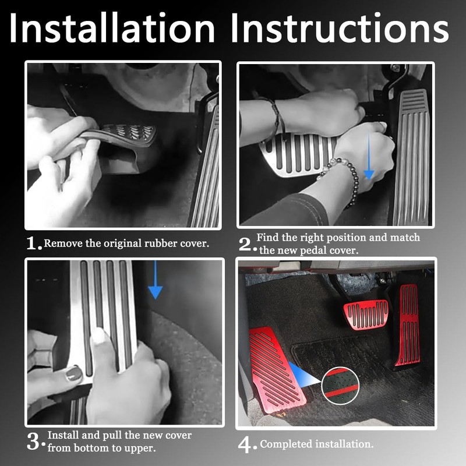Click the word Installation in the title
coord(112,28)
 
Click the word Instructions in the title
coord(340,28)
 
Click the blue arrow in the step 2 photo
coord(369,156)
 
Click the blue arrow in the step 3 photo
coord(155,280)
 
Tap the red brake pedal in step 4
coord(366,315)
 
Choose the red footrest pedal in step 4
coord(276,369)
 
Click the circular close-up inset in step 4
coord(340,386)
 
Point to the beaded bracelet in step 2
coord(343,178)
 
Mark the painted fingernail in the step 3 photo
coord(74,373)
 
